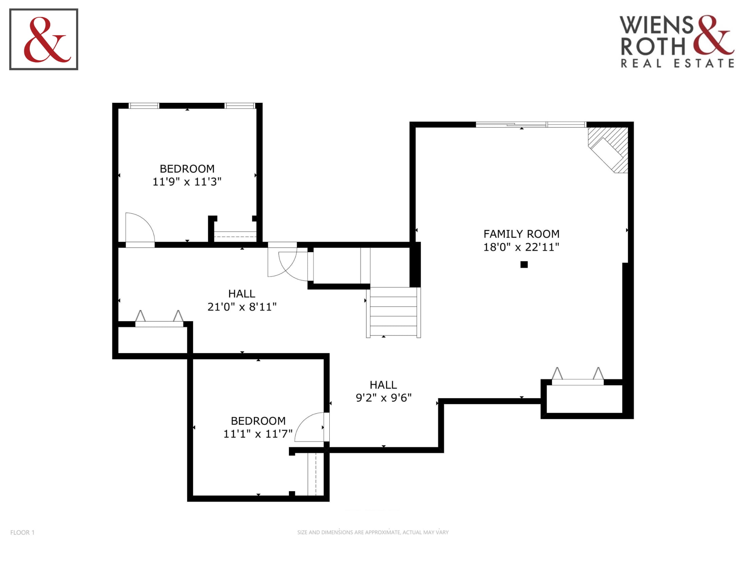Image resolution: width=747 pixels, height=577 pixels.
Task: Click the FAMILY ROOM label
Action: [521, 234]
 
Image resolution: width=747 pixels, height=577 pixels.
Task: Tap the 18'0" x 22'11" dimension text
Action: [521, 247]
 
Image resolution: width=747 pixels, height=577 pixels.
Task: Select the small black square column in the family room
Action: [524, 264]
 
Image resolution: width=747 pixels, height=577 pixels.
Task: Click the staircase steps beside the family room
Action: [393, 312]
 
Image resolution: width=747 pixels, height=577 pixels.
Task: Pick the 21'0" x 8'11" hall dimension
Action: [242, 306]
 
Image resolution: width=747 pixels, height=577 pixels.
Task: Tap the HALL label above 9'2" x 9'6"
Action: [383, 385]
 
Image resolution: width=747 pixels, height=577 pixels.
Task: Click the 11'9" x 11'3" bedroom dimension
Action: [187, 182]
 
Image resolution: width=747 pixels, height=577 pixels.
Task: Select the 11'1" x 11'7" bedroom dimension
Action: [258, 434]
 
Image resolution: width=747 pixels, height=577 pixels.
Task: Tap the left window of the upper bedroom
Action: [144, 106]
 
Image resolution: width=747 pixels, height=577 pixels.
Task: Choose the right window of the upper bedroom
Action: [240, 106]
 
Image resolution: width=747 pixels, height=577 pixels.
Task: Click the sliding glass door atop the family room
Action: [531, 125]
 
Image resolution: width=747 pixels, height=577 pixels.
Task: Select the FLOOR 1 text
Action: [22, 532]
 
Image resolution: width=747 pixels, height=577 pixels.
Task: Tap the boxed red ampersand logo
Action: [44, 39]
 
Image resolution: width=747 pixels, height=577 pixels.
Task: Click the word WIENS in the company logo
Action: [656, 25]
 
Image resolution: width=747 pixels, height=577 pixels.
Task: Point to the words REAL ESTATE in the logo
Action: [677, 63]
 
